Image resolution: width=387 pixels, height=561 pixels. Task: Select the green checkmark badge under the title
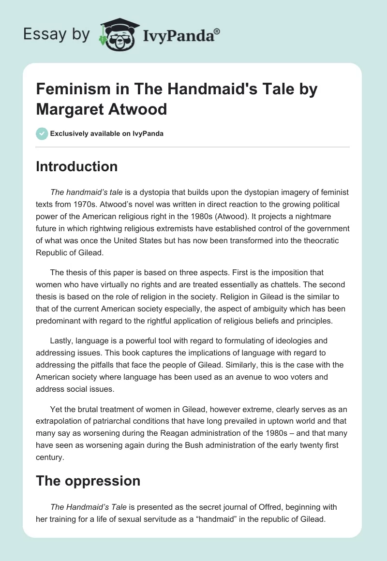(42, 133)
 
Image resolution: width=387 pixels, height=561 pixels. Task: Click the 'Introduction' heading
(77, 166)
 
